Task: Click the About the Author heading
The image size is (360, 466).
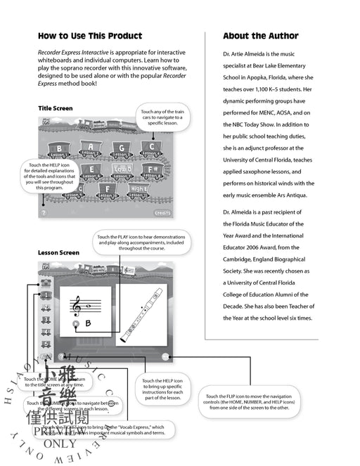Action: (x=260, y=36)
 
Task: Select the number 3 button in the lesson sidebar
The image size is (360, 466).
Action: (x=46, y=319)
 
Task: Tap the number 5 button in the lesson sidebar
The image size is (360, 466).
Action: (x=46, y=344)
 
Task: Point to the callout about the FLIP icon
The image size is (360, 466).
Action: (x=251, y=401)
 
